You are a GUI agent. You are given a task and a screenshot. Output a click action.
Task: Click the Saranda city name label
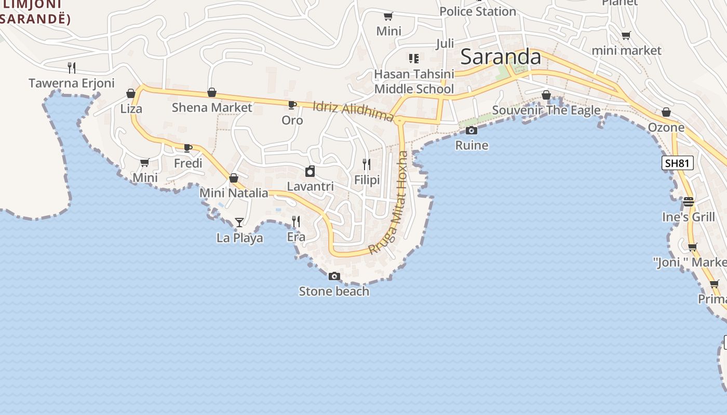501,56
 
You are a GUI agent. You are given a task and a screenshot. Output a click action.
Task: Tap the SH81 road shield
678,163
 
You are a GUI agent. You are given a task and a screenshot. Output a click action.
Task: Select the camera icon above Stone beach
334,276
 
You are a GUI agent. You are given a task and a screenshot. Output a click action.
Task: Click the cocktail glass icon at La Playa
239,223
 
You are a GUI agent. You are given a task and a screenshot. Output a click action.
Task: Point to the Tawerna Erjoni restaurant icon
72,67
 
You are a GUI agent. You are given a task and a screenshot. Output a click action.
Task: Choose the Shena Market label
212,108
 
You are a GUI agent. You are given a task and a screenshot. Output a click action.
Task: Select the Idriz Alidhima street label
354,112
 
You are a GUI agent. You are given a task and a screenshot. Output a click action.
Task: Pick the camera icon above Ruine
472,131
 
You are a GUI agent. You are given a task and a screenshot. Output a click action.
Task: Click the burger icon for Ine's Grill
689,202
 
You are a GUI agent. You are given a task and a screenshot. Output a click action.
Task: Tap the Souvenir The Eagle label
546,110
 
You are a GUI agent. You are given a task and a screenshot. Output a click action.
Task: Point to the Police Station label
478,11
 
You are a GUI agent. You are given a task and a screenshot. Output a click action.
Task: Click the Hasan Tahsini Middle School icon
414,58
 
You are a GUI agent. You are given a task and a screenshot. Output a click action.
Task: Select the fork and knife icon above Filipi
367,165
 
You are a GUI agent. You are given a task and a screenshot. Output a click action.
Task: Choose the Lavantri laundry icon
310,171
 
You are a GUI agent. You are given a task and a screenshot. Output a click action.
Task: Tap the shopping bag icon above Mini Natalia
234,178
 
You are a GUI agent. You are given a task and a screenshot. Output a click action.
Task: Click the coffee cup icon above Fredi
188,148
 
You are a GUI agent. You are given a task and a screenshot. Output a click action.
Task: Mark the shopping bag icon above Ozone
666,113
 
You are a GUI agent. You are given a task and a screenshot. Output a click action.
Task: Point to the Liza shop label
131,109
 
